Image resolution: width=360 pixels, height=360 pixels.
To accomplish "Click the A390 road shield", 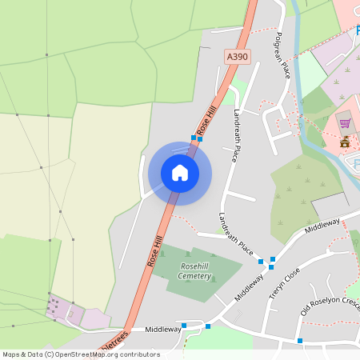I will [x=238, y=57].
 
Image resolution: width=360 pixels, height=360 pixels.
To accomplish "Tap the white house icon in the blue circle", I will [x=180, y=173].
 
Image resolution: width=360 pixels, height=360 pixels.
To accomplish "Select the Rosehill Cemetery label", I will [x=195, y=271].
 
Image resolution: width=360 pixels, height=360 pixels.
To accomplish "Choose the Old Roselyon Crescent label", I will [x=329, y=309].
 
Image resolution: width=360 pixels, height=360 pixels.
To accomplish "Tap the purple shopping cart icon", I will [x=345, y=123].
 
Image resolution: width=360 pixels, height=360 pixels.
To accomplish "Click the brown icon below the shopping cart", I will [x=345, y=142].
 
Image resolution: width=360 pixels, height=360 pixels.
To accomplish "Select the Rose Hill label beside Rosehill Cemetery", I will [x=154, y=250].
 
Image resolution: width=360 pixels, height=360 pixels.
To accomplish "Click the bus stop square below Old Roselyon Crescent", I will [x=300, y=342].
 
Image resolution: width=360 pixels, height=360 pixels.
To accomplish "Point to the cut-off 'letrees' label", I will [x=114, y=342].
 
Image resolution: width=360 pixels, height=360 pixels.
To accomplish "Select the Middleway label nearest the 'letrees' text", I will [x=141, y=329].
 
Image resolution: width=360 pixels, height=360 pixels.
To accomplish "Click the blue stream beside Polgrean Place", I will [x=297, y=48].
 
